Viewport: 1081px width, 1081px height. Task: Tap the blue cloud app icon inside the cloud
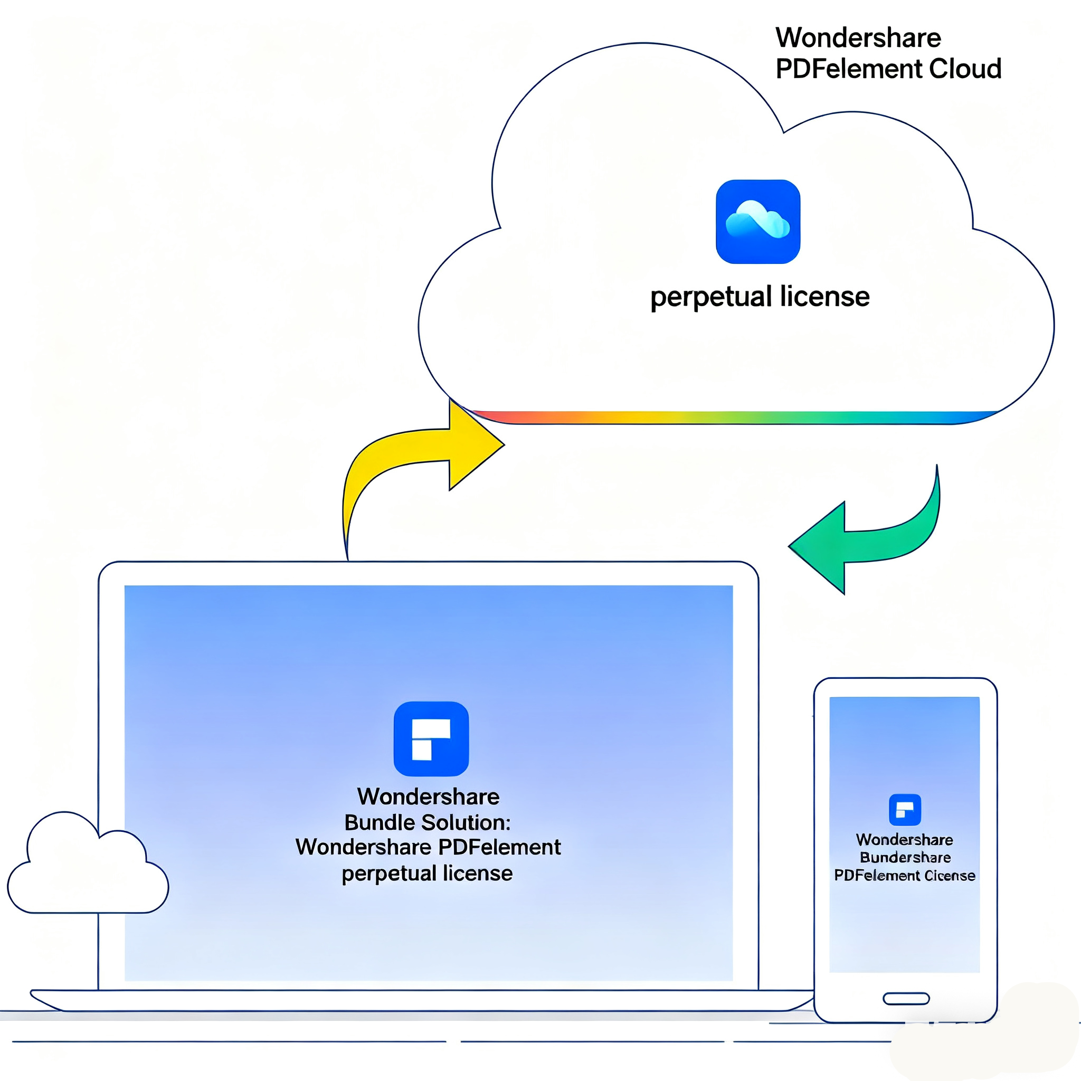pyautogui.click(x=757, y=222)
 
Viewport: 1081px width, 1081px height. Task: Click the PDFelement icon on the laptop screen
pyautogui.click(x=431, y=738)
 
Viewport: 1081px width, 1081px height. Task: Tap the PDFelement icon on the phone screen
pyautogui.click(x=905, y=810)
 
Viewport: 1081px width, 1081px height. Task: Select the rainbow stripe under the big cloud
pyautogui.click(x=727, y=418)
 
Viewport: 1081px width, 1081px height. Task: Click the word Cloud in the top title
pyautogui.click(x=965, y=69)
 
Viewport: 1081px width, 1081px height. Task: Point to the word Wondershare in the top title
pyautogui.click(x=858, y=38)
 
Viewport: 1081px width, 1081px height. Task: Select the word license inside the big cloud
pyautogui.click(x=825, y=297)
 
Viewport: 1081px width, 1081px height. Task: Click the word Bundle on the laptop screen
pyautogui.click(x=380, y=822)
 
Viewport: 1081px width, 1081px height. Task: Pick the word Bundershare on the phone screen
pyautogui.click(x=905, y=857)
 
